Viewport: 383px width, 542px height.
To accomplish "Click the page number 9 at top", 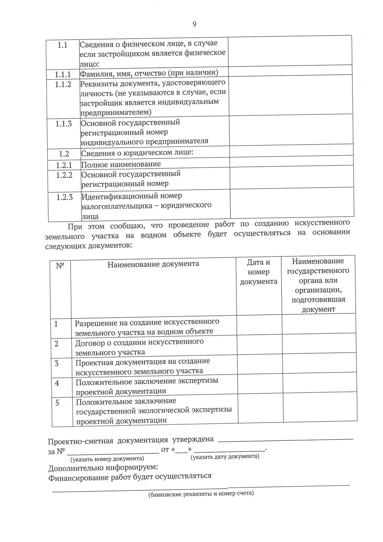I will pos(194,24).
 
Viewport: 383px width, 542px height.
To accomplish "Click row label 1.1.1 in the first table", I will pos(63,75).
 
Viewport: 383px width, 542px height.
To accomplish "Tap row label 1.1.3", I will pos(64,124).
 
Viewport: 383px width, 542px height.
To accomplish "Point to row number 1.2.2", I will pos(64,175).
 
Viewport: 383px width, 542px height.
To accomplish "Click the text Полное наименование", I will pos(121,164).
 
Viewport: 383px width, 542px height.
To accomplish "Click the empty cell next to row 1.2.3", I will pos(292,203).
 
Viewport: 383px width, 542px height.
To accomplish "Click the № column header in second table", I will pos(60,266).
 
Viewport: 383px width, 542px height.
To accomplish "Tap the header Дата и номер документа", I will pos(259,272).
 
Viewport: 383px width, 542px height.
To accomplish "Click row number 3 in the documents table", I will pos(57,364).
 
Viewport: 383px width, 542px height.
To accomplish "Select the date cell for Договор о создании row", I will pos(259,345).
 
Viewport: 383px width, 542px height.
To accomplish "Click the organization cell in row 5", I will pos(320,407).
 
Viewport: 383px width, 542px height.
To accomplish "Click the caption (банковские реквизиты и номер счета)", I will pos(201,494).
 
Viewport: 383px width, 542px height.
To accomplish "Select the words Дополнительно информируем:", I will pos(103,468).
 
